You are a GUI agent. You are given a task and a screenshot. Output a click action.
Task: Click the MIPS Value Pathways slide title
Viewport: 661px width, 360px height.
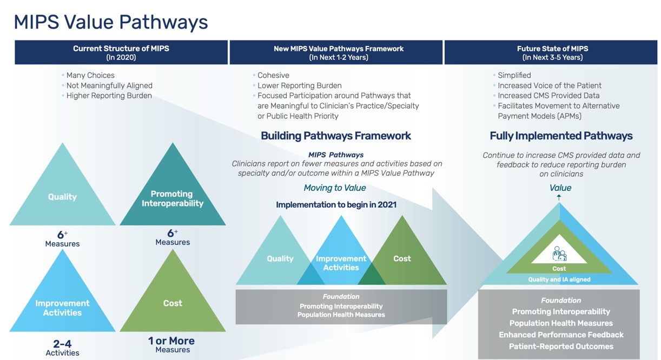coord(110,22)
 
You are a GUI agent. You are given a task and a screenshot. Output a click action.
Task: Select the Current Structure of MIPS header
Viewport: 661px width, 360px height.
coord(121,52)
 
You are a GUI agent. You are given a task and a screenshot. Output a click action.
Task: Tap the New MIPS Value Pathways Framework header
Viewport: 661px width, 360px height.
coord(338,52)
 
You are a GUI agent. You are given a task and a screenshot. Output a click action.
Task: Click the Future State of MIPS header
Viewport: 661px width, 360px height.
coord(552,52)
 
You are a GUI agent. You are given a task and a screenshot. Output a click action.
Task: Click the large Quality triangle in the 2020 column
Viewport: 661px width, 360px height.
coord(62,197)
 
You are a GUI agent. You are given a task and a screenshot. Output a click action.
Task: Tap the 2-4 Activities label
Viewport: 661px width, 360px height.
coord(62,347)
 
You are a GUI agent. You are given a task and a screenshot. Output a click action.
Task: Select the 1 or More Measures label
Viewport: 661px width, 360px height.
coord(172,344)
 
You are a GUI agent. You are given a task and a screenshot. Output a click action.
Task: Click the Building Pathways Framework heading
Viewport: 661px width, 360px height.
coord(336,136)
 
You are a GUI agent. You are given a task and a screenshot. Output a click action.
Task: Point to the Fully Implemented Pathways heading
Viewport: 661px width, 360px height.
coord(561,136)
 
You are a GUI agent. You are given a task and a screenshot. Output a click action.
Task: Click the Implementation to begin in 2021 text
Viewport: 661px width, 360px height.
coord(336,205)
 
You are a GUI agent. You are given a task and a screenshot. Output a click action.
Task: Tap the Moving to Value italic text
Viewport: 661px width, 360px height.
coord(334,188)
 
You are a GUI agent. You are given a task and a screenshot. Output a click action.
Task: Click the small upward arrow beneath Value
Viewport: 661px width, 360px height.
coord(559,197)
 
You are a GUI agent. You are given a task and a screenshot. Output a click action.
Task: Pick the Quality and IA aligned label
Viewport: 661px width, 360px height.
coord(559,279)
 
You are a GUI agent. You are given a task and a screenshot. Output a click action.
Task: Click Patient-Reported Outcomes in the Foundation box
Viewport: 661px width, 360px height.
coord(561,346)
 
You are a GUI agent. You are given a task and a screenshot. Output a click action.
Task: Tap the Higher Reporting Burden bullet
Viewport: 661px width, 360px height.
coord(109,96)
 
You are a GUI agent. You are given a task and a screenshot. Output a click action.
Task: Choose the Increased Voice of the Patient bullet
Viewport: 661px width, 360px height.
coord(549,85)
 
